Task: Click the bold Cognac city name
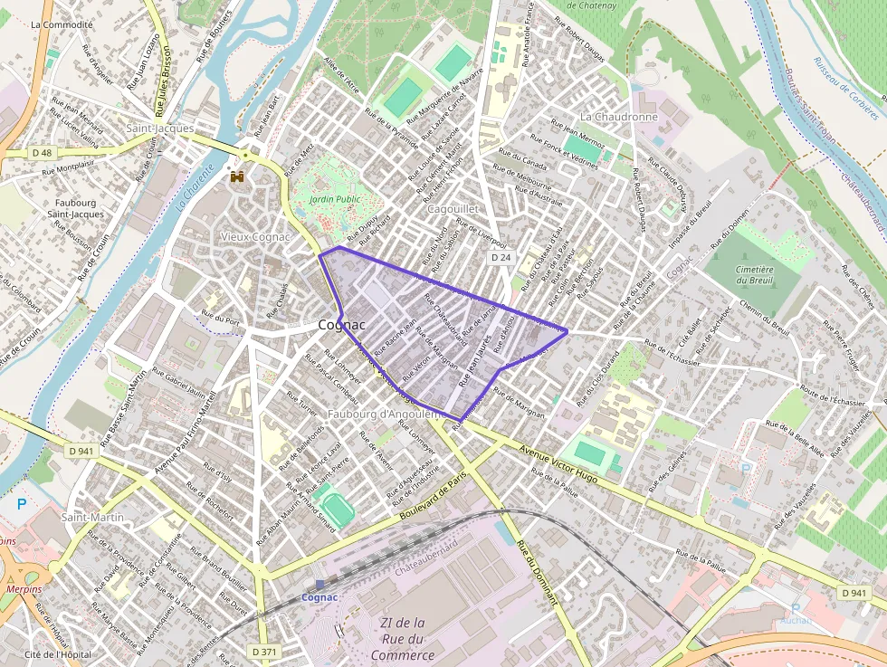pos(341,325)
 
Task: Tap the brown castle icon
pos(238,176)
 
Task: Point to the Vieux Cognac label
pos(256,236)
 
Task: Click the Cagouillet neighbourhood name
pos(452,209)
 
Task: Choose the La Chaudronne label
pos(618,117)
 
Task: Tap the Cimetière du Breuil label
pos(754,275)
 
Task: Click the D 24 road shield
pos(501,258)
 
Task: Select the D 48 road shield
pos(42,153)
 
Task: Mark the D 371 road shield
pos(263,652)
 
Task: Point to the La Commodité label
pos(62,24)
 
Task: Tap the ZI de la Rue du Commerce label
pos(403,639)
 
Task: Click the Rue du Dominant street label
pos(538,576)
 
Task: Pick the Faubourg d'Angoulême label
pos(385,414)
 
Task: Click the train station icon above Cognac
pos(319,585)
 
